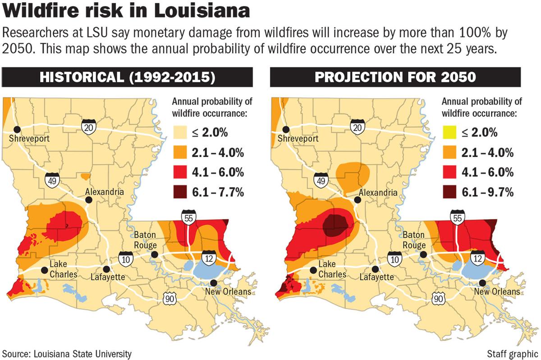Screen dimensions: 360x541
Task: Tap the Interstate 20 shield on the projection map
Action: tap(357, 128)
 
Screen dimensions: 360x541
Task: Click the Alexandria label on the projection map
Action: tap(378, 193)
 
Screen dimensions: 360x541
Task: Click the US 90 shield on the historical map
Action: tap(170, 298)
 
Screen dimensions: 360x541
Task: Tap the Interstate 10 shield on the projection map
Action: tap(394, 260)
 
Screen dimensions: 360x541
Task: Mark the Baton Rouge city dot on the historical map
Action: tap(155, 254)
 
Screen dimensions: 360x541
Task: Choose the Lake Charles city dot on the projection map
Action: tap(313, 270)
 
